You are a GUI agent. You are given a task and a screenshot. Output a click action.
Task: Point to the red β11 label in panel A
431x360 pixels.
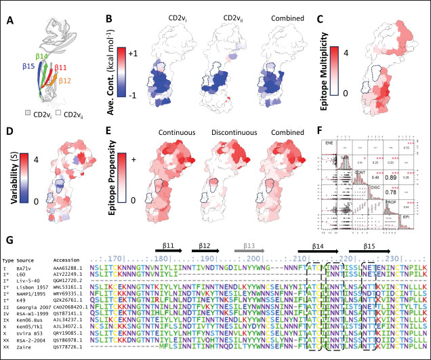60,67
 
